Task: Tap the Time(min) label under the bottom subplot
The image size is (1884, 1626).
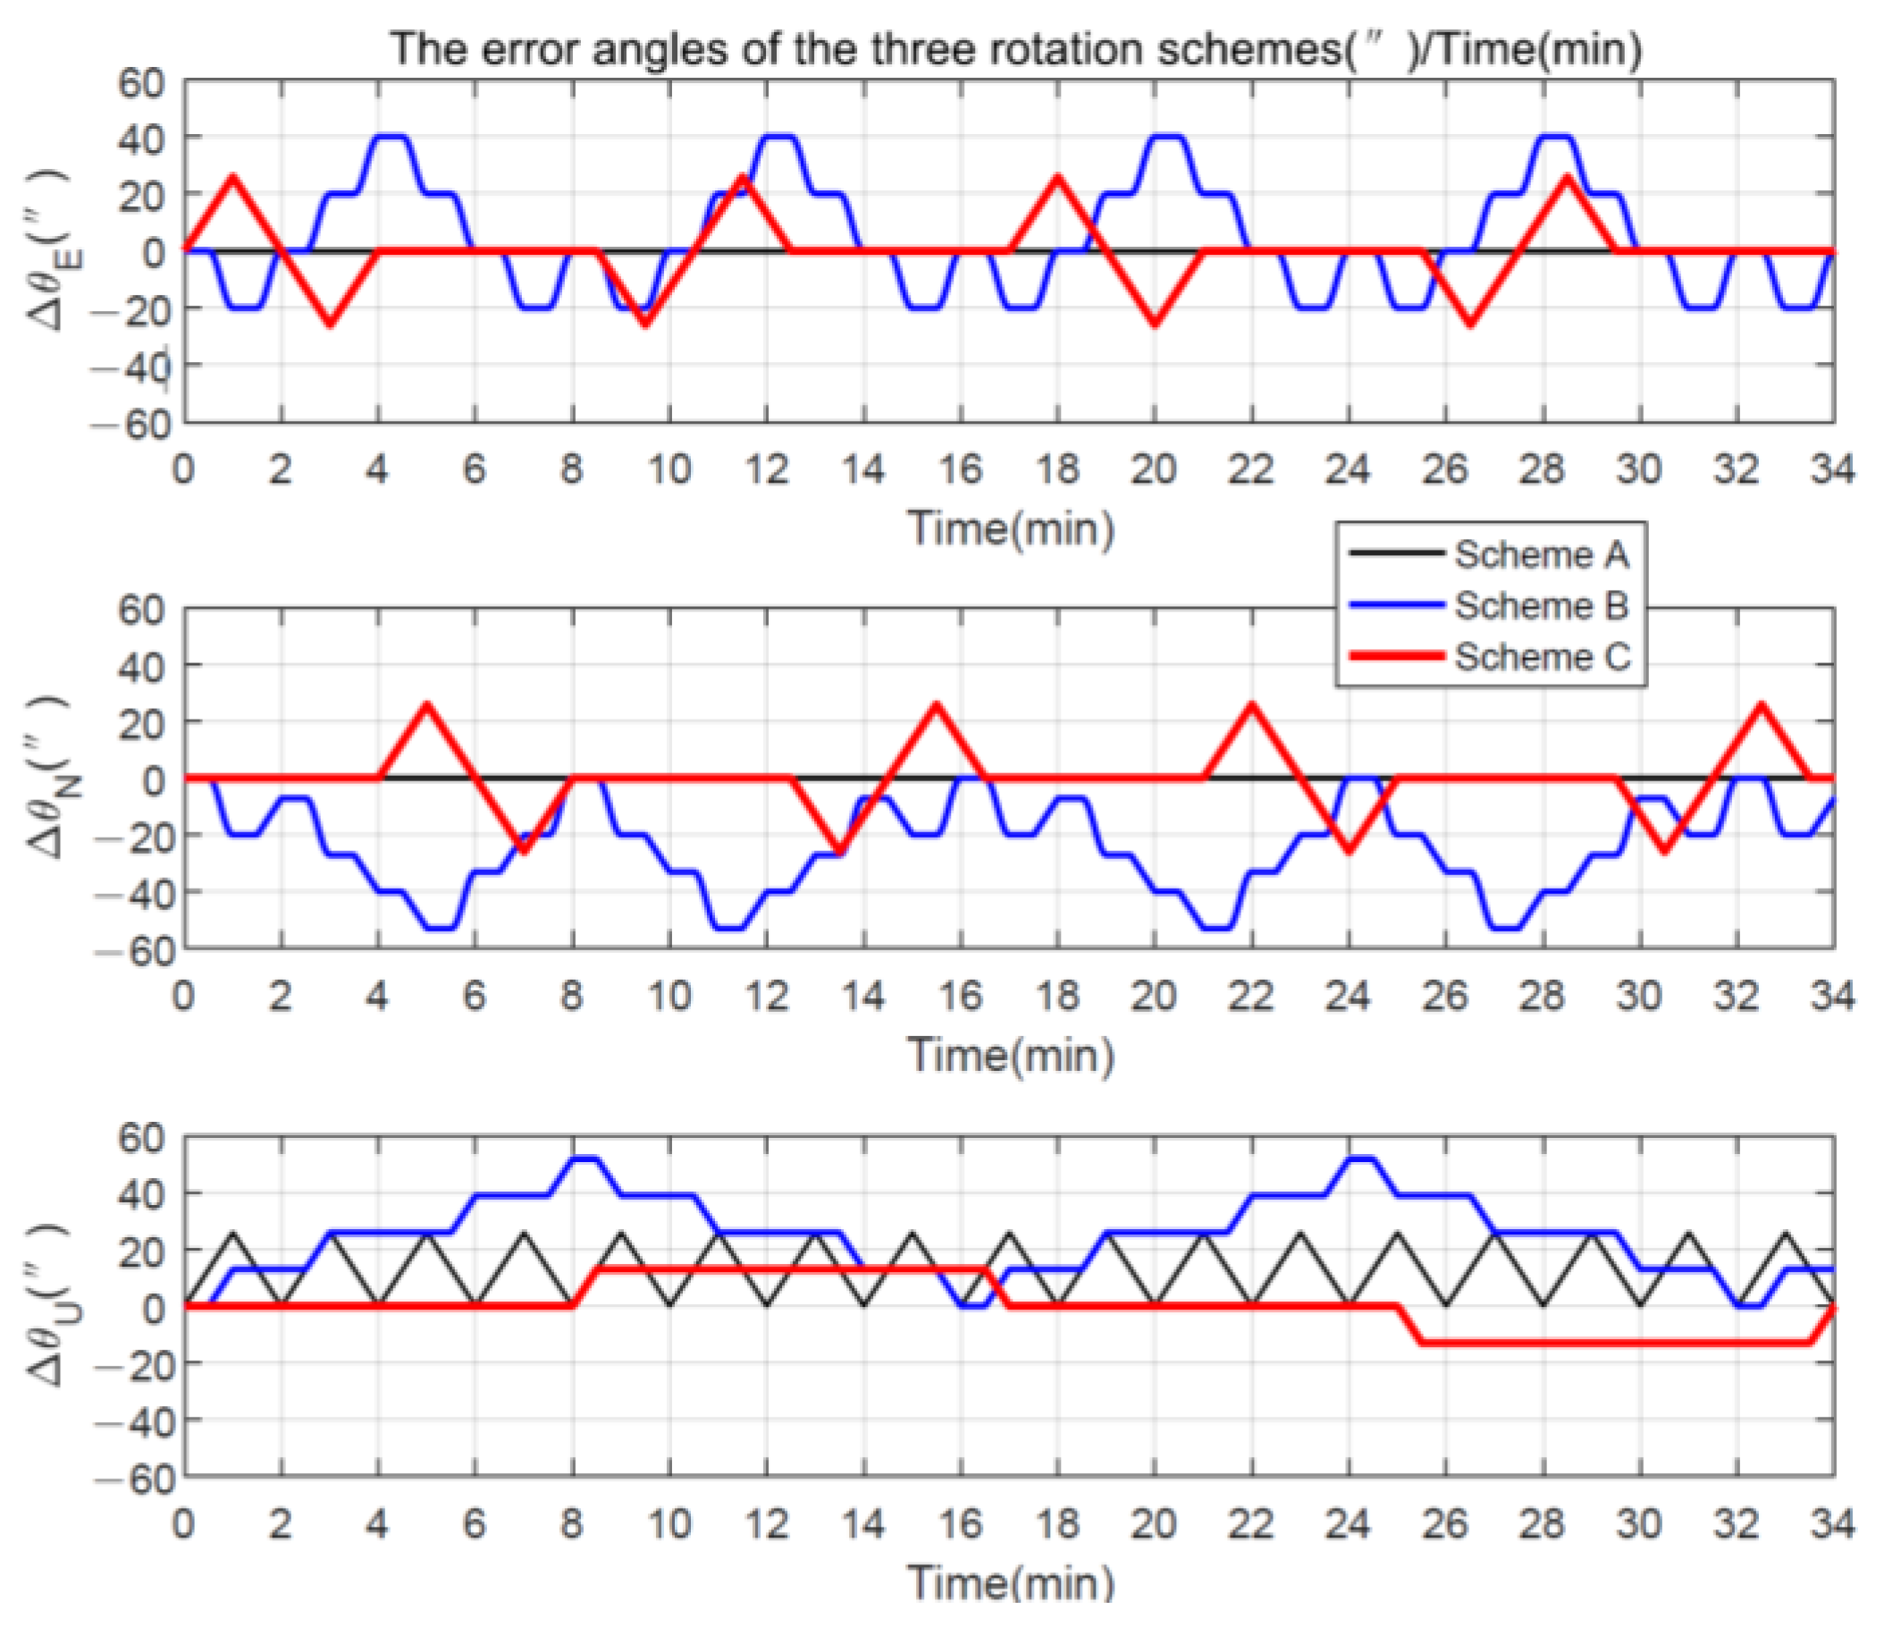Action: tap(1010, 1584)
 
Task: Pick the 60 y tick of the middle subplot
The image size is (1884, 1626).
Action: tap(142, 611)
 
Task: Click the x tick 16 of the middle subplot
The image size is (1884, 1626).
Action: tap(960, 998)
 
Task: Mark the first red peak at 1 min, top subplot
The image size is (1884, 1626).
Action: tap(233, 178)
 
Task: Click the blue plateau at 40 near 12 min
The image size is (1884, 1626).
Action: tap(780, 138)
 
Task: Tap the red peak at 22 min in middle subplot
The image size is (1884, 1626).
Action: tap(1253, 705)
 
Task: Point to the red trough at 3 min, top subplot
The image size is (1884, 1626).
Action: tap(330, 323)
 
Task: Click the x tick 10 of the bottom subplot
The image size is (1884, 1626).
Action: tap(669, 1525)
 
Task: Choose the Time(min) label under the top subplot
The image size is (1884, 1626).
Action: tap(1010, 529)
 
